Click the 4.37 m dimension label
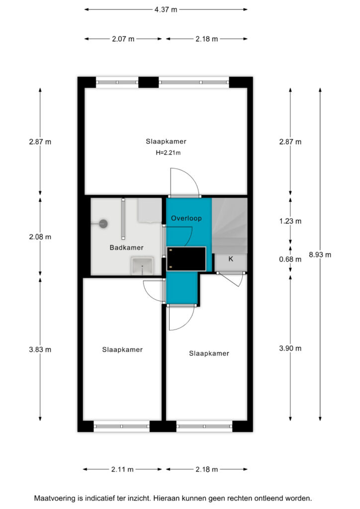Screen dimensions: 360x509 [x=166, y=10]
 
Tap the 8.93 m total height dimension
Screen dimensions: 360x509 [x=320, y=255]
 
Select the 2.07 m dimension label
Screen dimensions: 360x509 [x=123, y=39]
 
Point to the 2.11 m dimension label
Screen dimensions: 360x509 [x=122, y=469]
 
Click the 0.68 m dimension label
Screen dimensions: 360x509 [x=290, y=259]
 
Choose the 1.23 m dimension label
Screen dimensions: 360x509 [x=290, y=221]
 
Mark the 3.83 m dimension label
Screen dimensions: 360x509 [x=40, y=349]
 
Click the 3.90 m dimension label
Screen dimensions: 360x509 [x=290, y=348]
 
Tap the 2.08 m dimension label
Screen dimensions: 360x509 [x=40, y=237]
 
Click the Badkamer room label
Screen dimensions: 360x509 [x=127, y=248]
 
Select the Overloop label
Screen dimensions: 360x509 [x=186, y=218]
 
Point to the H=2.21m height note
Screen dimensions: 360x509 [x=168, y=153]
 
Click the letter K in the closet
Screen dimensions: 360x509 [x=231, y=258]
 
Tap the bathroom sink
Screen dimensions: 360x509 [x=142, y=266]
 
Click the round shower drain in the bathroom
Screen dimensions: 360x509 [x=103, y=224]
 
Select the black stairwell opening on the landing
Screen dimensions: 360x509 [x=186, y=258]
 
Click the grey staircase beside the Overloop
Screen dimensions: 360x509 [x=230, y=226]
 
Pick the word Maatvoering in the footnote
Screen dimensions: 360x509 [x=55, y=498]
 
